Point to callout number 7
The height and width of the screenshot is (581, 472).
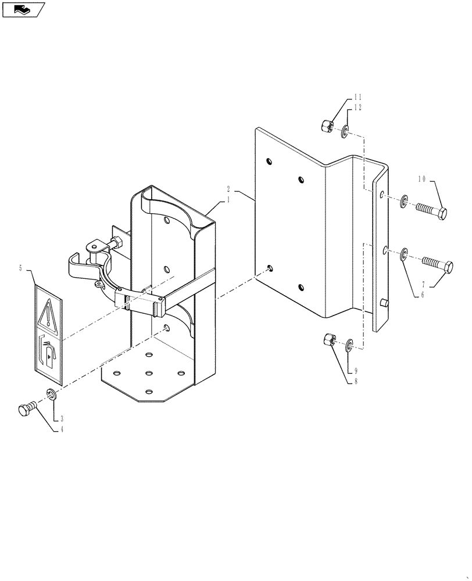[424, 285]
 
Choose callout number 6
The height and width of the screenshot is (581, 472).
[423, 295]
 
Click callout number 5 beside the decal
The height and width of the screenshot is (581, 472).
[21, 268]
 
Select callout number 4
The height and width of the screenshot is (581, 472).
[59, 429]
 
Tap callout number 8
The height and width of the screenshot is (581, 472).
[349, 381]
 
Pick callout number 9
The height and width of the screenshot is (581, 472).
[349, 370]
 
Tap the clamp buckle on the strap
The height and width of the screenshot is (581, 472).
[140, 303]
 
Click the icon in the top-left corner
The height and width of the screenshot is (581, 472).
[23, 9]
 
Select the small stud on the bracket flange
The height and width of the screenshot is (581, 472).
[384, 303]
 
